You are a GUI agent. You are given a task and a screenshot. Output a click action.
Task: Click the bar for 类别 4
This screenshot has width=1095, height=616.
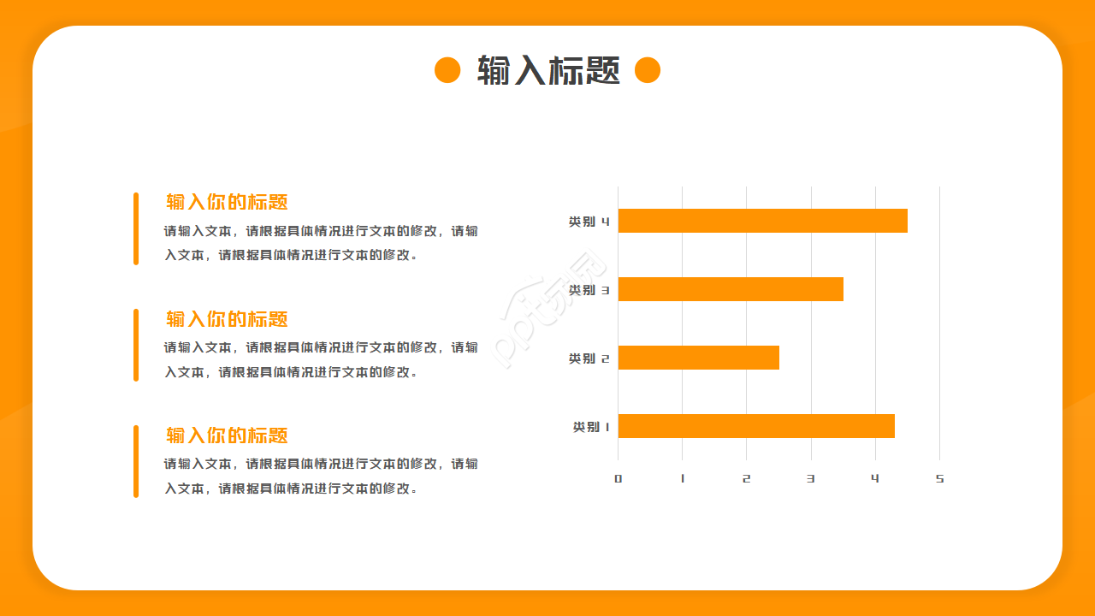pyautogui.click(x=762, y=221)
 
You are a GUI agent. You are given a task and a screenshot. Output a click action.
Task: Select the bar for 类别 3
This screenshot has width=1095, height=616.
pyautogui.click(x=731, y=289)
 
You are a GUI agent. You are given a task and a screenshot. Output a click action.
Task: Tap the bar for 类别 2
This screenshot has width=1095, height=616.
pyautogui.click(x=699, y=358)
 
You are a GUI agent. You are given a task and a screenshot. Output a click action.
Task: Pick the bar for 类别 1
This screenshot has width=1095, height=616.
pyautogui.click(x=756, y=426)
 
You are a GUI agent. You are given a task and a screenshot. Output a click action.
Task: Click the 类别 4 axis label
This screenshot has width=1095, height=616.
pyautogui.click(x=589, y=222)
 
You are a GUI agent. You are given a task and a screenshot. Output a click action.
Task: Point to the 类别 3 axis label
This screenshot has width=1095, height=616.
pyautogui.click(x=589, y=290)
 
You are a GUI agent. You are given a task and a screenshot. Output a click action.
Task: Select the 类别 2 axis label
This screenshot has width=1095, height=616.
pyautogui.click(x=589, y=358)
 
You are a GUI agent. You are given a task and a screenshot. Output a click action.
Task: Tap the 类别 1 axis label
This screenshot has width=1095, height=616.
pyautogui.click(x=591, y=427)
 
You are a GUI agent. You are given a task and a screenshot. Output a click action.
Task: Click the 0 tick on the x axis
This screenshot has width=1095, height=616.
pyautogui.click(x=619, y=478)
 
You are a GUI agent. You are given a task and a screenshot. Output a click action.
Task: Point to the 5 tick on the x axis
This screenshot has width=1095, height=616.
pyautogui.click(x=939, y=478)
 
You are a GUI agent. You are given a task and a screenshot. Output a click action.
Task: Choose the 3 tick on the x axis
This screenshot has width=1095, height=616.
pyautogui.click(x=811, y=478)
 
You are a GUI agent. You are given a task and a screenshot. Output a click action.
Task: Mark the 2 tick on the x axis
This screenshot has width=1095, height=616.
pyautogui.click(x=747, y=478)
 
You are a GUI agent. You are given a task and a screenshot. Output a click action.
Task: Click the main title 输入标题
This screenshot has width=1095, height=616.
pyautogui.click(x=548, y=70)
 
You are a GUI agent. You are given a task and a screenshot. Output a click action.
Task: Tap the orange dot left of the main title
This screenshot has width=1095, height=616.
pyautogui.click(x=447, y=70)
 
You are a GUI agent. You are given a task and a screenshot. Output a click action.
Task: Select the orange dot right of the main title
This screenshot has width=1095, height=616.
pyautogui.click(x=648, y=70)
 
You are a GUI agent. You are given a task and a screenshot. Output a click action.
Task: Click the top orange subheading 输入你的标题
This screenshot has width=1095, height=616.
pyautogui.click(x=227, y=202)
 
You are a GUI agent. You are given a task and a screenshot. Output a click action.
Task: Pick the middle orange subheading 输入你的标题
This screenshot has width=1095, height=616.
pyautogui.click(x=227, y=319)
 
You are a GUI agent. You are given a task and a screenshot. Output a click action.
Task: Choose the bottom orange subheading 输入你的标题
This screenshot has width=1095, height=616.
pyautogui.click(x=227, y=435)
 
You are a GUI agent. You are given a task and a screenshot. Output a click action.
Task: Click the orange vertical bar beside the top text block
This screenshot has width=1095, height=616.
pyautogui.click(x=136, y=228)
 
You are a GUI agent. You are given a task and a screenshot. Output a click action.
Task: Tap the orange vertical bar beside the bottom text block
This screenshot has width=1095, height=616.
pyautogui.click(x=136, y=461)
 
